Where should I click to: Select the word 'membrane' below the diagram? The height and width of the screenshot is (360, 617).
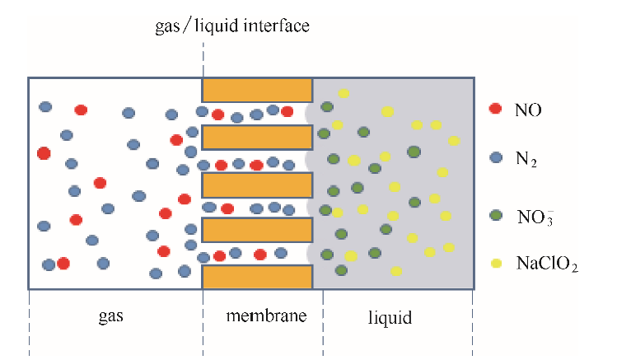263,316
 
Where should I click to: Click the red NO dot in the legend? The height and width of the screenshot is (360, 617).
495,109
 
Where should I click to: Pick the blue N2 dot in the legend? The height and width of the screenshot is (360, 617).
495,157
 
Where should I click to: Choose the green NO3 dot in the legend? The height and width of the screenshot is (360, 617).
495,214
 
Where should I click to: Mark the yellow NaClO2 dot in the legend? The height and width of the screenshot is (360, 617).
496,264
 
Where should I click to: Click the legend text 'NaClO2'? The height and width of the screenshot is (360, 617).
548,264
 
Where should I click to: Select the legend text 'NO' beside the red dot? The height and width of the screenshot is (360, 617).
527,109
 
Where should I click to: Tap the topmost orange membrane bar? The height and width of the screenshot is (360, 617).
257,89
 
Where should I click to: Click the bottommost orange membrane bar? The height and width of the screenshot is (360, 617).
257,277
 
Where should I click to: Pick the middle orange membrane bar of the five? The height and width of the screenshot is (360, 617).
257,184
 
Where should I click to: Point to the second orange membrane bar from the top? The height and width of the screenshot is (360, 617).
257,137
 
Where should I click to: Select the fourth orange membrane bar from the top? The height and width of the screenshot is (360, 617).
257,230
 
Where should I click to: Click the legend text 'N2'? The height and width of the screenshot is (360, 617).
526,158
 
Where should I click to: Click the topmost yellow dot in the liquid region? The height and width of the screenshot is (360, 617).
344,94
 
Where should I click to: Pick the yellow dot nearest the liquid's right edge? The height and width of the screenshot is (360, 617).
454,141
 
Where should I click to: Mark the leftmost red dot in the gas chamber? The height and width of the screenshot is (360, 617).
44,152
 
